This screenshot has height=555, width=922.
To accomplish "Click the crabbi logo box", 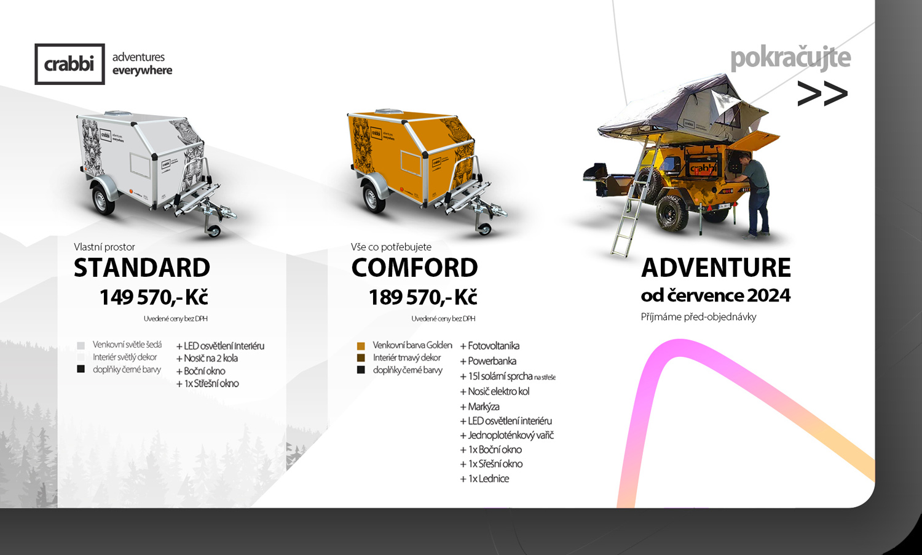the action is (x=69, y=64).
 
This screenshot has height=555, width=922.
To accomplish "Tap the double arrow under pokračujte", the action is (x=822, y=94).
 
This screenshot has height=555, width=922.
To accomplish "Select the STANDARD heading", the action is (x=142, y=268).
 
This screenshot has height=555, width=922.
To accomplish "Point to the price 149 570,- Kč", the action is (x=154, y=297).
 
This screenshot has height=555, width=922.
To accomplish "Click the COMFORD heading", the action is (x=414, y=268).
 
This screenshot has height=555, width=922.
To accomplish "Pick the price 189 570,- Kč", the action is (x=423, y=297).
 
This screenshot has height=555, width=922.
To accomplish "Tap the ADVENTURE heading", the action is (x=716, y=268).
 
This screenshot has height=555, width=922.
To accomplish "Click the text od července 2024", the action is (x=715, y=295).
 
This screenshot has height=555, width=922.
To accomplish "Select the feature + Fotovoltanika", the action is (x=490, y=346).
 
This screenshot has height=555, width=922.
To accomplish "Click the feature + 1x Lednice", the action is (x=484, y=479).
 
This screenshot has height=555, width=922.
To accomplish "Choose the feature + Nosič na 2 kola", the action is (x=207, y=359).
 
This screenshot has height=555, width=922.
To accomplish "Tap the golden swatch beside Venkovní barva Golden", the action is (x=361, y=346).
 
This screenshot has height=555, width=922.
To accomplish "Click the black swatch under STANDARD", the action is (x=81, y=369).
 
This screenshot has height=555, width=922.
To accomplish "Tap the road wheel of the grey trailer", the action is (x=102, y=200).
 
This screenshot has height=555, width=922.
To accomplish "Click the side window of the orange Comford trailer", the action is (x=411, y=162).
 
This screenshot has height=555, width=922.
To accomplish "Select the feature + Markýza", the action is (x=480, y=407).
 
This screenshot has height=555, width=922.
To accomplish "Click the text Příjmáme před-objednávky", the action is (x=698, y=317).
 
